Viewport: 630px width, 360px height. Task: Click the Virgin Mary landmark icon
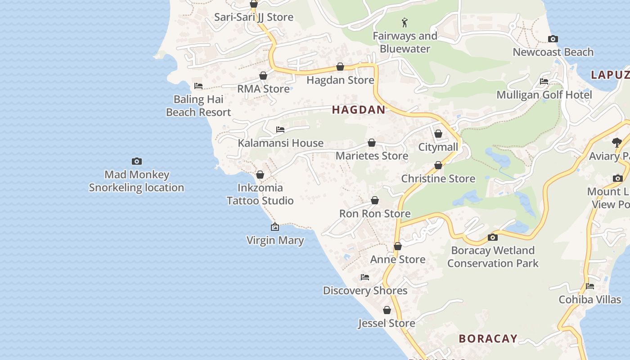(x=275, y=227)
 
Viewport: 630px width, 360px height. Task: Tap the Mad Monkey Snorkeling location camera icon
(x=137, y=161)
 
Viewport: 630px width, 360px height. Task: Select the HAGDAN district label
(x=359, y=110)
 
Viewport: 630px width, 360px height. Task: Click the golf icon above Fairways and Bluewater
(x=405, y=22)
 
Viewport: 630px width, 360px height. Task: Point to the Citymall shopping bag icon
(x=438, y=134)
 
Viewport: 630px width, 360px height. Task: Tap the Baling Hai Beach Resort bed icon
(x=198, y=85)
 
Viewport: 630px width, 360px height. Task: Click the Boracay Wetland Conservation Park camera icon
(x=493, y=237)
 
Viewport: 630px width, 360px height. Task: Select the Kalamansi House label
(x=281, y=143)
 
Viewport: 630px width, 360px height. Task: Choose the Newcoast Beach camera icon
(x=553, y=39)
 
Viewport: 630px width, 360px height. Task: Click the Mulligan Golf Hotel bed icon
(x=544, y=81)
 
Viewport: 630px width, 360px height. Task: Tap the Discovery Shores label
(x=365, y=291)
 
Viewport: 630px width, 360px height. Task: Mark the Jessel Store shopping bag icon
(x=387, y=310)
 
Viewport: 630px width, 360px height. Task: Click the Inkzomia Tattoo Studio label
(x=260, y=194)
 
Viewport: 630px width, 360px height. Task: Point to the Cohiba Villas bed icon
(x=590, y=286)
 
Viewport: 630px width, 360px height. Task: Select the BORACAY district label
(x=488, y=339)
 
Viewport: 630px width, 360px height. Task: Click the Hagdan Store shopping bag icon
(x=340, y=67)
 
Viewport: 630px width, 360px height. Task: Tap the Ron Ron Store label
(x=375, y=214)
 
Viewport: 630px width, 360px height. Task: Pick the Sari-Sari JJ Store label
(x=254, y=17)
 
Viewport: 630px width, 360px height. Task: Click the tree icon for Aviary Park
(x=617, y=143)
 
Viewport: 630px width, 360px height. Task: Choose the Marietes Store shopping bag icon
(x=372, y=143)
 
